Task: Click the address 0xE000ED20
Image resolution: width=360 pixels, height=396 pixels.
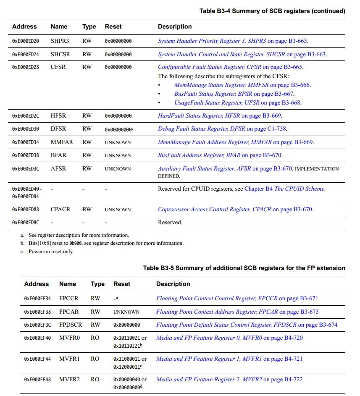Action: coord(26,41)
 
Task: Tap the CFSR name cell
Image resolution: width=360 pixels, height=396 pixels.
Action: coord(58,67)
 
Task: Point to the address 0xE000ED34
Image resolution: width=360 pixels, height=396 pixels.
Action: coord(26,142)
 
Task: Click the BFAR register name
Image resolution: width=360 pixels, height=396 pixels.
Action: coord(58,155)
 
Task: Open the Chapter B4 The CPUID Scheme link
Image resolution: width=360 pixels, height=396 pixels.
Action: coord(284,189)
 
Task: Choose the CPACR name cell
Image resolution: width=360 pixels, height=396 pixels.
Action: coord(60,209)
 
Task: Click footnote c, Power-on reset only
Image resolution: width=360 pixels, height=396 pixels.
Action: coord(51,252)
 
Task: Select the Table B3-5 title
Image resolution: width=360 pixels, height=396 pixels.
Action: coord(244,268)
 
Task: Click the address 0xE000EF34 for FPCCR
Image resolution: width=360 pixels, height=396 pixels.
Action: coord(37,299)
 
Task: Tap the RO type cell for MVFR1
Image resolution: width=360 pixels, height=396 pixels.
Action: coord(95,359)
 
